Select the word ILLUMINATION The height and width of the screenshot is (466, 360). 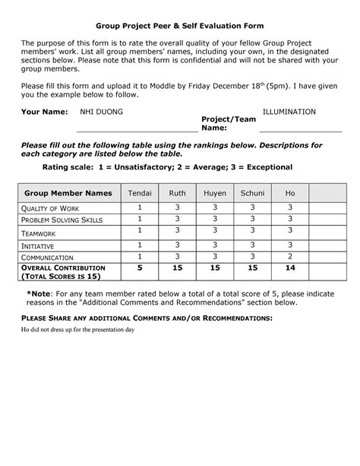click(289, 113)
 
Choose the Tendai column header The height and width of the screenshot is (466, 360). click(140, 193)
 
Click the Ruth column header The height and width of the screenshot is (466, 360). click(177, 193)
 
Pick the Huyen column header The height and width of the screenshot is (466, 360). click(215, 193)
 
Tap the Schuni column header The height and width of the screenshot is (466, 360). click(252, 193)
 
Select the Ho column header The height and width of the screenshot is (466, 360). click(289, 193)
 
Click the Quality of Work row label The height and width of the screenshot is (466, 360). click(50, 208)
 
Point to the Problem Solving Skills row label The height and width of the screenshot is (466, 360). click(62, 220)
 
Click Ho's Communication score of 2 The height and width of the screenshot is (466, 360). click(289, 257)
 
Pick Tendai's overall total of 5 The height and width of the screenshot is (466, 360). click(140, 268)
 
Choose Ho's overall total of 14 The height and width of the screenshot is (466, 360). click(289, 268)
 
